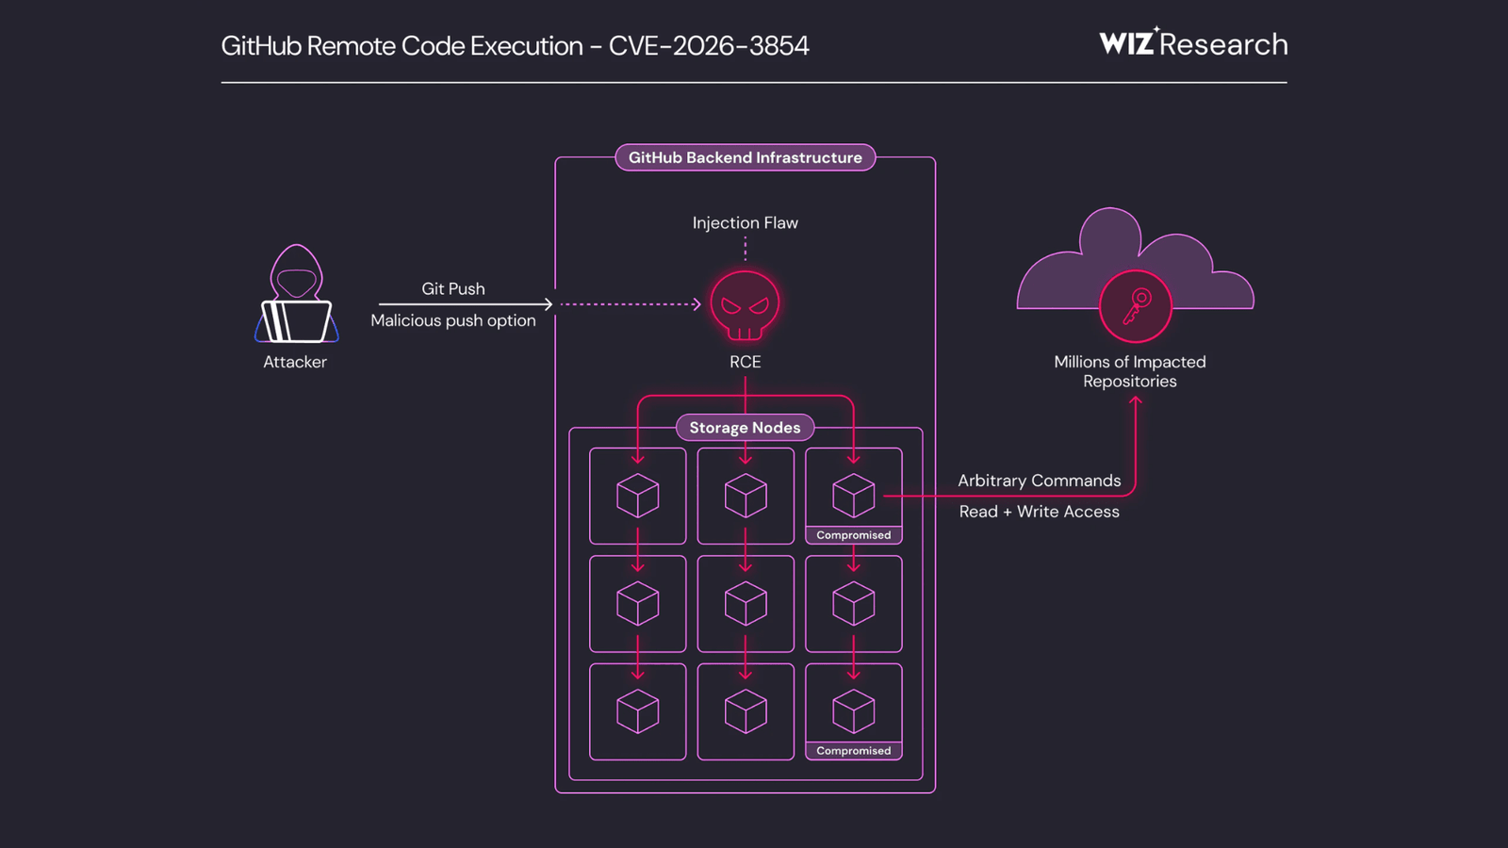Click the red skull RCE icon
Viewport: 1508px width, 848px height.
745,305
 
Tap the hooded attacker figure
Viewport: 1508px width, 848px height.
296,295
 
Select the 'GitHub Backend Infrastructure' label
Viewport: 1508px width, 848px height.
745,157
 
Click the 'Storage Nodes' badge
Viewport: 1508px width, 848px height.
745,428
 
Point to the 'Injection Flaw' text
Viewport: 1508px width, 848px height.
745,223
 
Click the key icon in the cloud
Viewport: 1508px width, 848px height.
1135,306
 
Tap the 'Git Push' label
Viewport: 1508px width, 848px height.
453,289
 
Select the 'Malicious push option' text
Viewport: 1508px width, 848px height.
453,321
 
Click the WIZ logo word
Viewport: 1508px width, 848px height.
1126,44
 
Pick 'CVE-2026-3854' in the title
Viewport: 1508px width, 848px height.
709,46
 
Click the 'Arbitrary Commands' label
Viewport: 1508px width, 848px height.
1039,481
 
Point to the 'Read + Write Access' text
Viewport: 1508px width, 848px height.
1039,512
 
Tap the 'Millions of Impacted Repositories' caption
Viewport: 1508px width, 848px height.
1129,371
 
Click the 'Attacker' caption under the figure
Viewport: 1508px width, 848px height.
295,362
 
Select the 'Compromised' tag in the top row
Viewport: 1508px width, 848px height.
853,535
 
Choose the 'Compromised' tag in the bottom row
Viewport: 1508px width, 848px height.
853,751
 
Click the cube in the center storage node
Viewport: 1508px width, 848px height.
746,604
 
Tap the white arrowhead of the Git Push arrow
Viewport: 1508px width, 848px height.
549,304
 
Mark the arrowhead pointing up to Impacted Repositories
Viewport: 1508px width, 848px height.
1136,400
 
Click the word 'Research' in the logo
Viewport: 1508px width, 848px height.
1223,44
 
